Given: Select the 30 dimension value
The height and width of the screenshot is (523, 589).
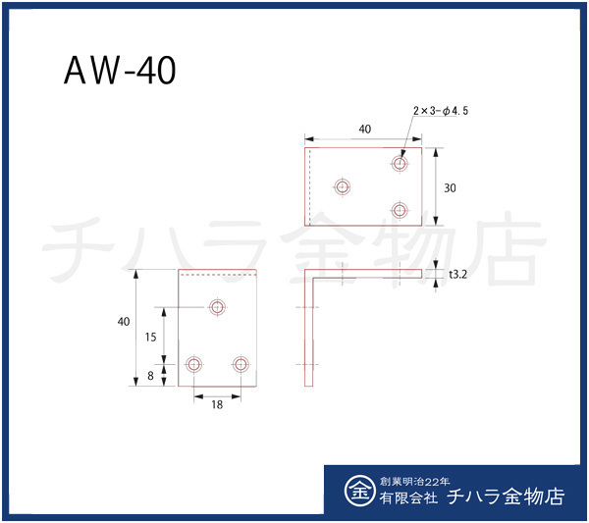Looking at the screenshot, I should [x=449, y=187].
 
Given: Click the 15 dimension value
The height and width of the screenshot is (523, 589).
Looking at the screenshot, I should [x=150, y=337].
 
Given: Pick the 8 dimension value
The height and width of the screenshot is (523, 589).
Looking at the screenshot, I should [x=150, y=374].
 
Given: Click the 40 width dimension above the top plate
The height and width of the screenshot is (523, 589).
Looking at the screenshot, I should [x=364, y=130].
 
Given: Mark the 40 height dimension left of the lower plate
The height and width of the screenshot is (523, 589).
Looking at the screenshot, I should [x=123, y=322].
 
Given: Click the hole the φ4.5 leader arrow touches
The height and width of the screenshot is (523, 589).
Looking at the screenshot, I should [x=400, y=163].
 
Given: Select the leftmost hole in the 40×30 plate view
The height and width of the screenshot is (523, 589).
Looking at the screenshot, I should [x=343, y=186].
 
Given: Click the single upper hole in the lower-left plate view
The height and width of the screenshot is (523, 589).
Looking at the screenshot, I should [x=217, y=307].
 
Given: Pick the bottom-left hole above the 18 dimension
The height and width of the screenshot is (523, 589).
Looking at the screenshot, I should [x=193, y=364].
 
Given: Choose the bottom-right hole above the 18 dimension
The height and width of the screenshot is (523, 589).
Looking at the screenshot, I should [x=241, y=364].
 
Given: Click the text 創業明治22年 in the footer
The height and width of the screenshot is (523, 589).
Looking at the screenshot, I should [x=412, y=482].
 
